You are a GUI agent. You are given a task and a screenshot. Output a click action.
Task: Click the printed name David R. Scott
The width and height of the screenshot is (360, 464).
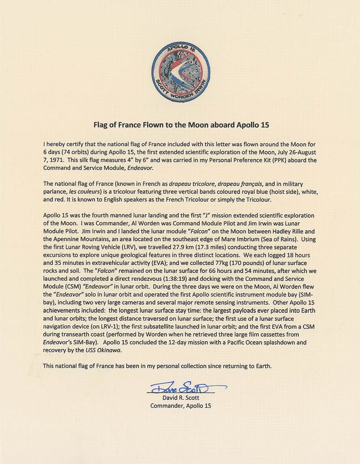(x=180, y=397)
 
